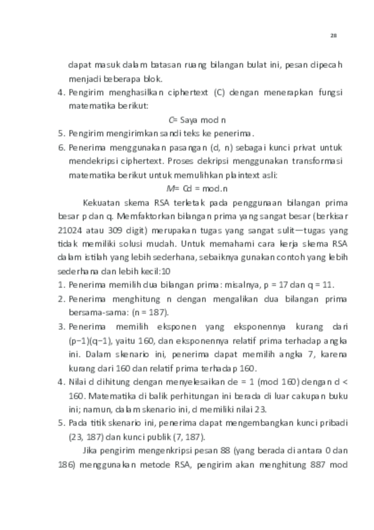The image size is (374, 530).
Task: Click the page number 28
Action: pos(333,36)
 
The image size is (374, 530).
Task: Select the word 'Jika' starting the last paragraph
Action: pos(92,450)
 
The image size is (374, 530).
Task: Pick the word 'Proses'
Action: pos(190,161)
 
